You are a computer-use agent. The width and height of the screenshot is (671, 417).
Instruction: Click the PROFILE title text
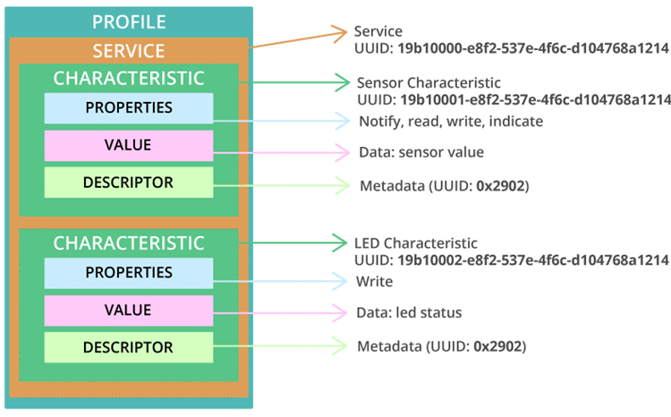tap(129, 21)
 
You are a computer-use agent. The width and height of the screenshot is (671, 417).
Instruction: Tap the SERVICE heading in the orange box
tap(129, 51)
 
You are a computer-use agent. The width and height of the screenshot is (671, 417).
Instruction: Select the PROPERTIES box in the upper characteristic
tap(129, 108)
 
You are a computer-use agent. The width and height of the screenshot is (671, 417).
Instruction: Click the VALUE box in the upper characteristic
tap(129, 146)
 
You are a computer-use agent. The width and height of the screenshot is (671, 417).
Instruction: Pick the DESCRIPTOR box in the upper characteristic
tap(129, 183)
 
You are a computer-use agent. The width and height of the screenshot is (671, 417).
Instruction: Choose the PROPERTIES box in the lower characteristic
tap(129, 273)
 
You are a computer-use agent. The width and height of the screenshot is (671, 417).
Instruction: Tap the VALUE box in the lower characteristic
tap(129, 311)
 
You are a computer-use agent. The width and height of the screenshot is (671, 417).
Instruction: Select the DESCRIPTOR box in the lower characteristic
tap(129, 347)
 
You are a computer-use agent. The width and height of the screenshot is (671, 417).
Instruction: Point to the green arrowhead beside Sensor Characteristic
tap(344, 82)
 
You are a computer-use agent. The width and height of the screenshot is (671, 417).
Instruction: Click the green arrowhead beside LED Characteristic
tap(341, 243)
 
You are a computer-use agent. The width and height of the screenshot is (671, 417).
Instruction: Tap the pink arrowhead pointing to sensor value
tap(344, 152)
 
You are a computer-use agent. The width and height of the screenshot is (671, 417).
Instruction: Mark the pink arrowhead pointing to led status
tap(341, 313)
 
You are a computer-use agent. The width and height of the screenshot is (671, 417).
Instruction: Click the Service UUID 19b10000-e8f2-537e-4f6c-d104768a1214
tap(533, 48)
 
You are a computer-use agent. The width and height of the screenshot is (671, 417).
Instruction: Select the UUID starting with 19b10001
tap(535, 99)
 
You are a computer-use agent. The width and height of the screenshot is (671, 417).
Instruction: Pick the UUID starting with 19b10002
tap(533, 260)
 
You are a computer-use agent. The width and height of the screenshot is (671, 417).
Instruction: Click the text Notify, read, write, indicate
tap(451, 122)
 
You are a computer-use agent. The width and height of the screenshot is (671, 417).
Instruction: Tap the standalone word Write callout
tap(375, 282)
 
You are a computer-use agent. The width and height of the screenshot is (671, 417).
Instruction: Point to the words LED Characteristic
tap(416, 243)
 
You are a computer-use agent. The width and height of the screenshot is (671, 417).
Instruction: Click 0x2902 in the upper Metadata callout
tap(501, 186)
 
